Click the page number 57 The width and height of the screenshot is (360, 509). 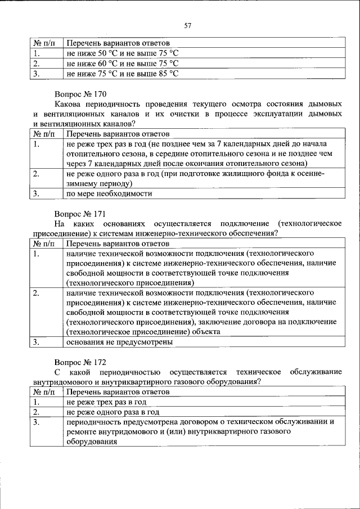pos(188,25)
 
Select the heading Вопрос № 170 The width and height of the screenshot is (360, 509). pos(80,94)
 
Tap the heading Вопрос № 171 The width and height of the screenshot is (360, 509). pos(80,214)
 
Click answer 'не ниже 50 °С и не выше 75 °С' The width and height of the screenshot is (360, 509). pos(122,53)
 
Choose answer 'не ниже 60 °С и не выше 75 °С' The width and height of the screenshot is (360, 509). pos(122,64)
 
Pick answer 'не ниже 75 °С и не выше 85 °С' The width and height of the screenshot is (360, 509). pos(122,73)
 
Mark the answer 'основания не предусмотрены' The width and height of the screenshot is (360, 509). pos(119,342)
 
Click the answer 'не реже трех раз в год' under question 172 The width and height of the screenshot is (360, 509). pos(106,402)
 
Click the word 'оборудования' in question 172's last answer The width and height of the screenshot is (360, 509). pos(91,442)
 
